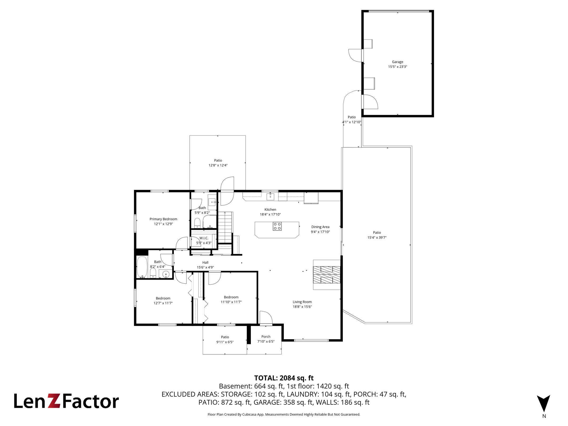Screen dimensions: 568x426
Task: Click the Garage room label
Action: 397,62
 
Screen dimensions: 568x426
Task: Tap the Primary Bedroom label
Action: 163,219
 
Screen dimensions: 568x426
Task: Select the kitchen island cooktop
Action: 277,226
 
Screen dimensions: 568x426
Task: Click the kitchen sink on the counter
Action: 270,197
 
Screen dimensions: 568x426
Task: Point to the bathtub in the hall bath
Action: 142,267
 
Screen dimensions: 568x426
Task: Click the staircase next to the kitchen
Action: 225,227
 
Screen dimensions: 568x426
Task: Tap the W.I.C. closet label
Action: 204,238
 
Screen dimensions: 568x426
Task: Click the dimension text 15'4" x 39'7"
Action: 377,237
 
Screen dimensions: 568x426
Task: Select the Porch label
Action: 266,337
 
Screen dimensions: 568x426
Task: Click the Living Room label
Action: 302,302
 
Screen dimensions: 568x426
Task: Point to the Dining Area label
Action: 320,227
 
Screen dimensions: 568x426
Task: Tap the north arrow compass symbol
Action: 544,403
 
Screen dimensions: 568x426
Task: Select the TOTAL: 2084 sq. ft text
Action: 284,378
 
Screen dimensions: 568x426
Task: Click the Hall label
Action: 205,263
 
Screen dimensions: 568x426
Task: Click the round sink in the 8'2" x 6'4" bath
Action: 166,274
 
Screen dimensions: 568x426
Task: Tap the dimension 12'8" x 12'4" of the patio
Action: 218,165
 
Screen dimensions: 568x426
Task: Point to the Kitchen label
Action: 270,210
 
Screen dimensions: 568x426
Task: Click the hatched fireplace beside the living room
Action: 327,275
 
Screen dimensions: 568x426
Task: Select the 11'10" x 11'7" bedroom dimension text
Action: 231,302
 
